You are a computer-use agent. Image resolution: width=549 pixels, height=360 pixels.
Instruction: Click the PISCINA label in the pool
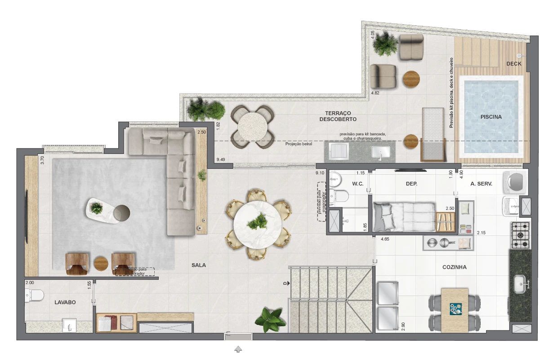tap(491, 117)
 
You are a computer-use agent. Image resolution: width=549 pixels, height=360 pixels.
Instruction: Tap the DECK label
tap(514, 64)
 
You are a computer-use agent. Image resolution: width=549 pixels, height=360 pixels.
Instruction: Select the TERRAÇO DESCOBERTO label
tap(338, 116)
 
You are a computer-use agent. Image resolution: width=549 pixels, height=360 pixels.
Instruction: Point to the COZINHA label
tap(455, 267)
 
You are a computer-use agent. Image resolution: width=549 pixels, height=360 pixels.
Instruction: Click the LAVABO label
tap(65, 302)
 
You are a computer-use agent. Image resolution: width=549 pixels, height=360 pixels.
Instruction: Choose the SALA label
tap(199, 265)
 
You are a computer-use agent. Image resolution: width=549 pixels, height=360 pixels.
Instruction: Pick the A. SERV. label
tap(482, 184)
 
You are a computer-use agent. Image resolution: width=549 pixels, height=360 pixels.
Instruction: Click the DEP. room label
tap(411, 184)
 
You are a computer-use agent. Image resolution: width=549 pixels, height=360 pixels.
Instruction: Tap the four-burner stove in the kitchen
tap(520, 235)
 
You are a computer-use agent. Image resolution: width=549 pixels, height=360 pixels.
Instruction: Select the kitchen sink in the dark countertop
tap(520, 283)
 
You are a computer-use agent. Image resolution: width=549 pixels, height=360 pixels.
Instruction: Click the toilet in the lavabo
tap(35, 295)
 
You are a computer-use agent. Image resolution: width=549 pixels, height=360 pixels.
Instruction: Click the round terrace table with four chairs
tap(252, 126)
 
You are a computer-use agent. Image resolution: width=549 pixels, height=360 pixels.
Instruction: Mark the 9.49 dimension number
tap(221, 159)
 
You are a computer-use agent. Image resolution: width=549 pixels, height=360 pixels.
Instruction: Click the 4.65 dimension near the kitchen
tap(385, 240)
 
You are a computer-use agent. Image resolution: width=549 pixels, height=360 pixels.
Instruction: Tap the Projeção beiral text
tap(299, 144)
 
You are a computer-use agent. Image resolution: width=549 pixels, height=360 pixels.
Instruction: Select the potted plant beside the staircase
tap(270, 319)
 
